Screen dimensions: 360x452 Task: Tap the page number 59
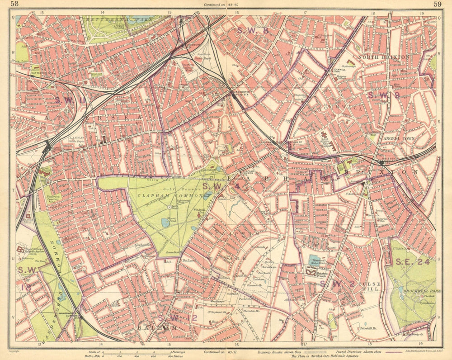[x=437, y=4]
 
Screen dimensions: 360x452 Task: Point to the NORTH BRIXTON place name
[x=383, y=57]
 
